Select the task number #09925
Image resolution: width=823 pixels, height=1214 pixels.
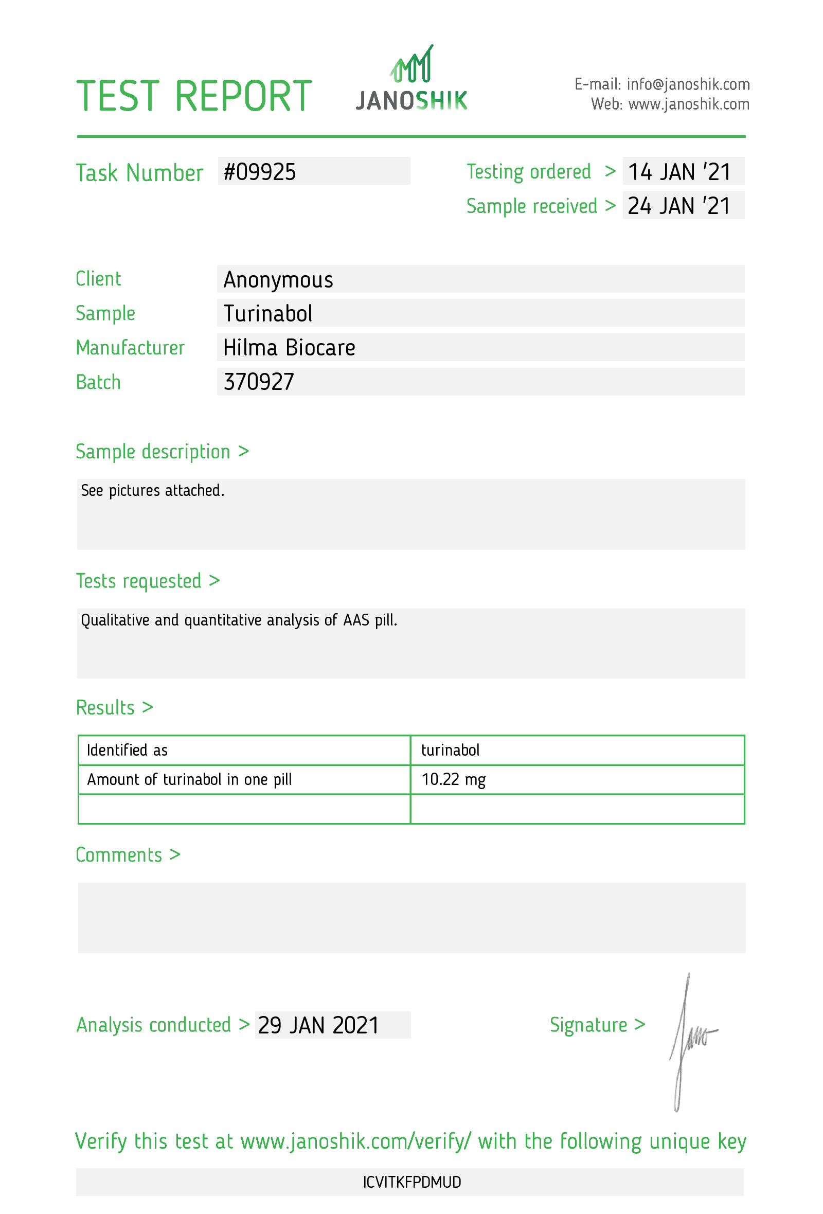click(260, 172)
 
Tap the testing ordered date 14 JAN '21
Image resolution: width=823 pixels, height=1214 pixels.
click(679, 172)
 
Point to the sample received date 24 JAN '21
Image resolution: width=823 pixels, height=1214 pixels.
click(679, 206)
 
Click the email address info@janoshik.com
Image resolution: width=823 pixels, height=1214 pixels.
click(688, 84)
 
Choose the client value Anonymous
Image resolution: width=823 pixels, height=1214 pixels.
click(278, 279)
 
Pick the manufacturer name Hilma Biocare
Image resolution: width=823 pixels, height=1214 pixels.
click(289, 348)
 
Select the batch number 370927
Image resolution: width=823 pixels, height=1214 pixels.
click(259, 382)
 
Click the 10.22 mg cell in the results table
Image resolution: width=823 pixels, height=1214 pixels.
click(453, 779)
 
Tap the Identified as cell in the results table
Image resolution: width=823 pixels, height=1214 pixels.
click(127, 750)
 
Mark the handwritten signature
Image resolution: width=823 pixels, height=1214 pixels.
click(688, 1040)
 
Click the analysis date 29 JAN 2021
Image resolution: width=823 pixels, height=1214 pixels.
click(318, 1025)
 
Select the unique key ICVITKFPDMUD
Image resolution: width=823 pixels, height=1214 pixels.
click(411, 1182)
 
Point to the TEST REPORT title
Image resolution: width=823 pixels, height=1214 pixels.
click(194, 96)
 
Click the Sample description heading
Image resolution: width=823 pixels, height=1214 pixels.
click(153, 452)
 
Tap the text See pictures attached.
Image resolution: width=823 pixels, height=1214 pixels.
click(152, 491)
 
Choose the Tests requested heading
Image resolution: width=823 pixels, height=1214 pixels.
click(139, 581)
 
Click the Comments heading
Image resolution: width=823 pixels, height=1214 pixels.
click(119, 855)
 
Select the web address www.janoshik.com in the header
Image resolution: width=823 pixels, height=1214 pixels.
click(688, 104)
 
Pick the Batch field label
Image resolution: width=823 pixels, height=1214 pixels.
click(98, 382)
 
